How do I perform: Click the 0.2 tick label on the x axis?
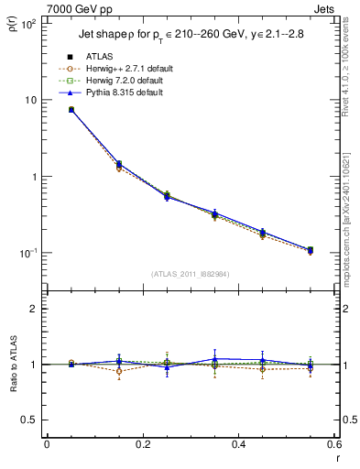pos(142,446)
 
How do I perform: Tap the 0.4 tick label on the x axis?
pos(238,446)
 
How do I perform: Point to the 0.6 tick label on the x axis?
pos(333,446)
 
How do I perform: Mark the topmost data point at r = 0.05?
pos(71,109)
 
